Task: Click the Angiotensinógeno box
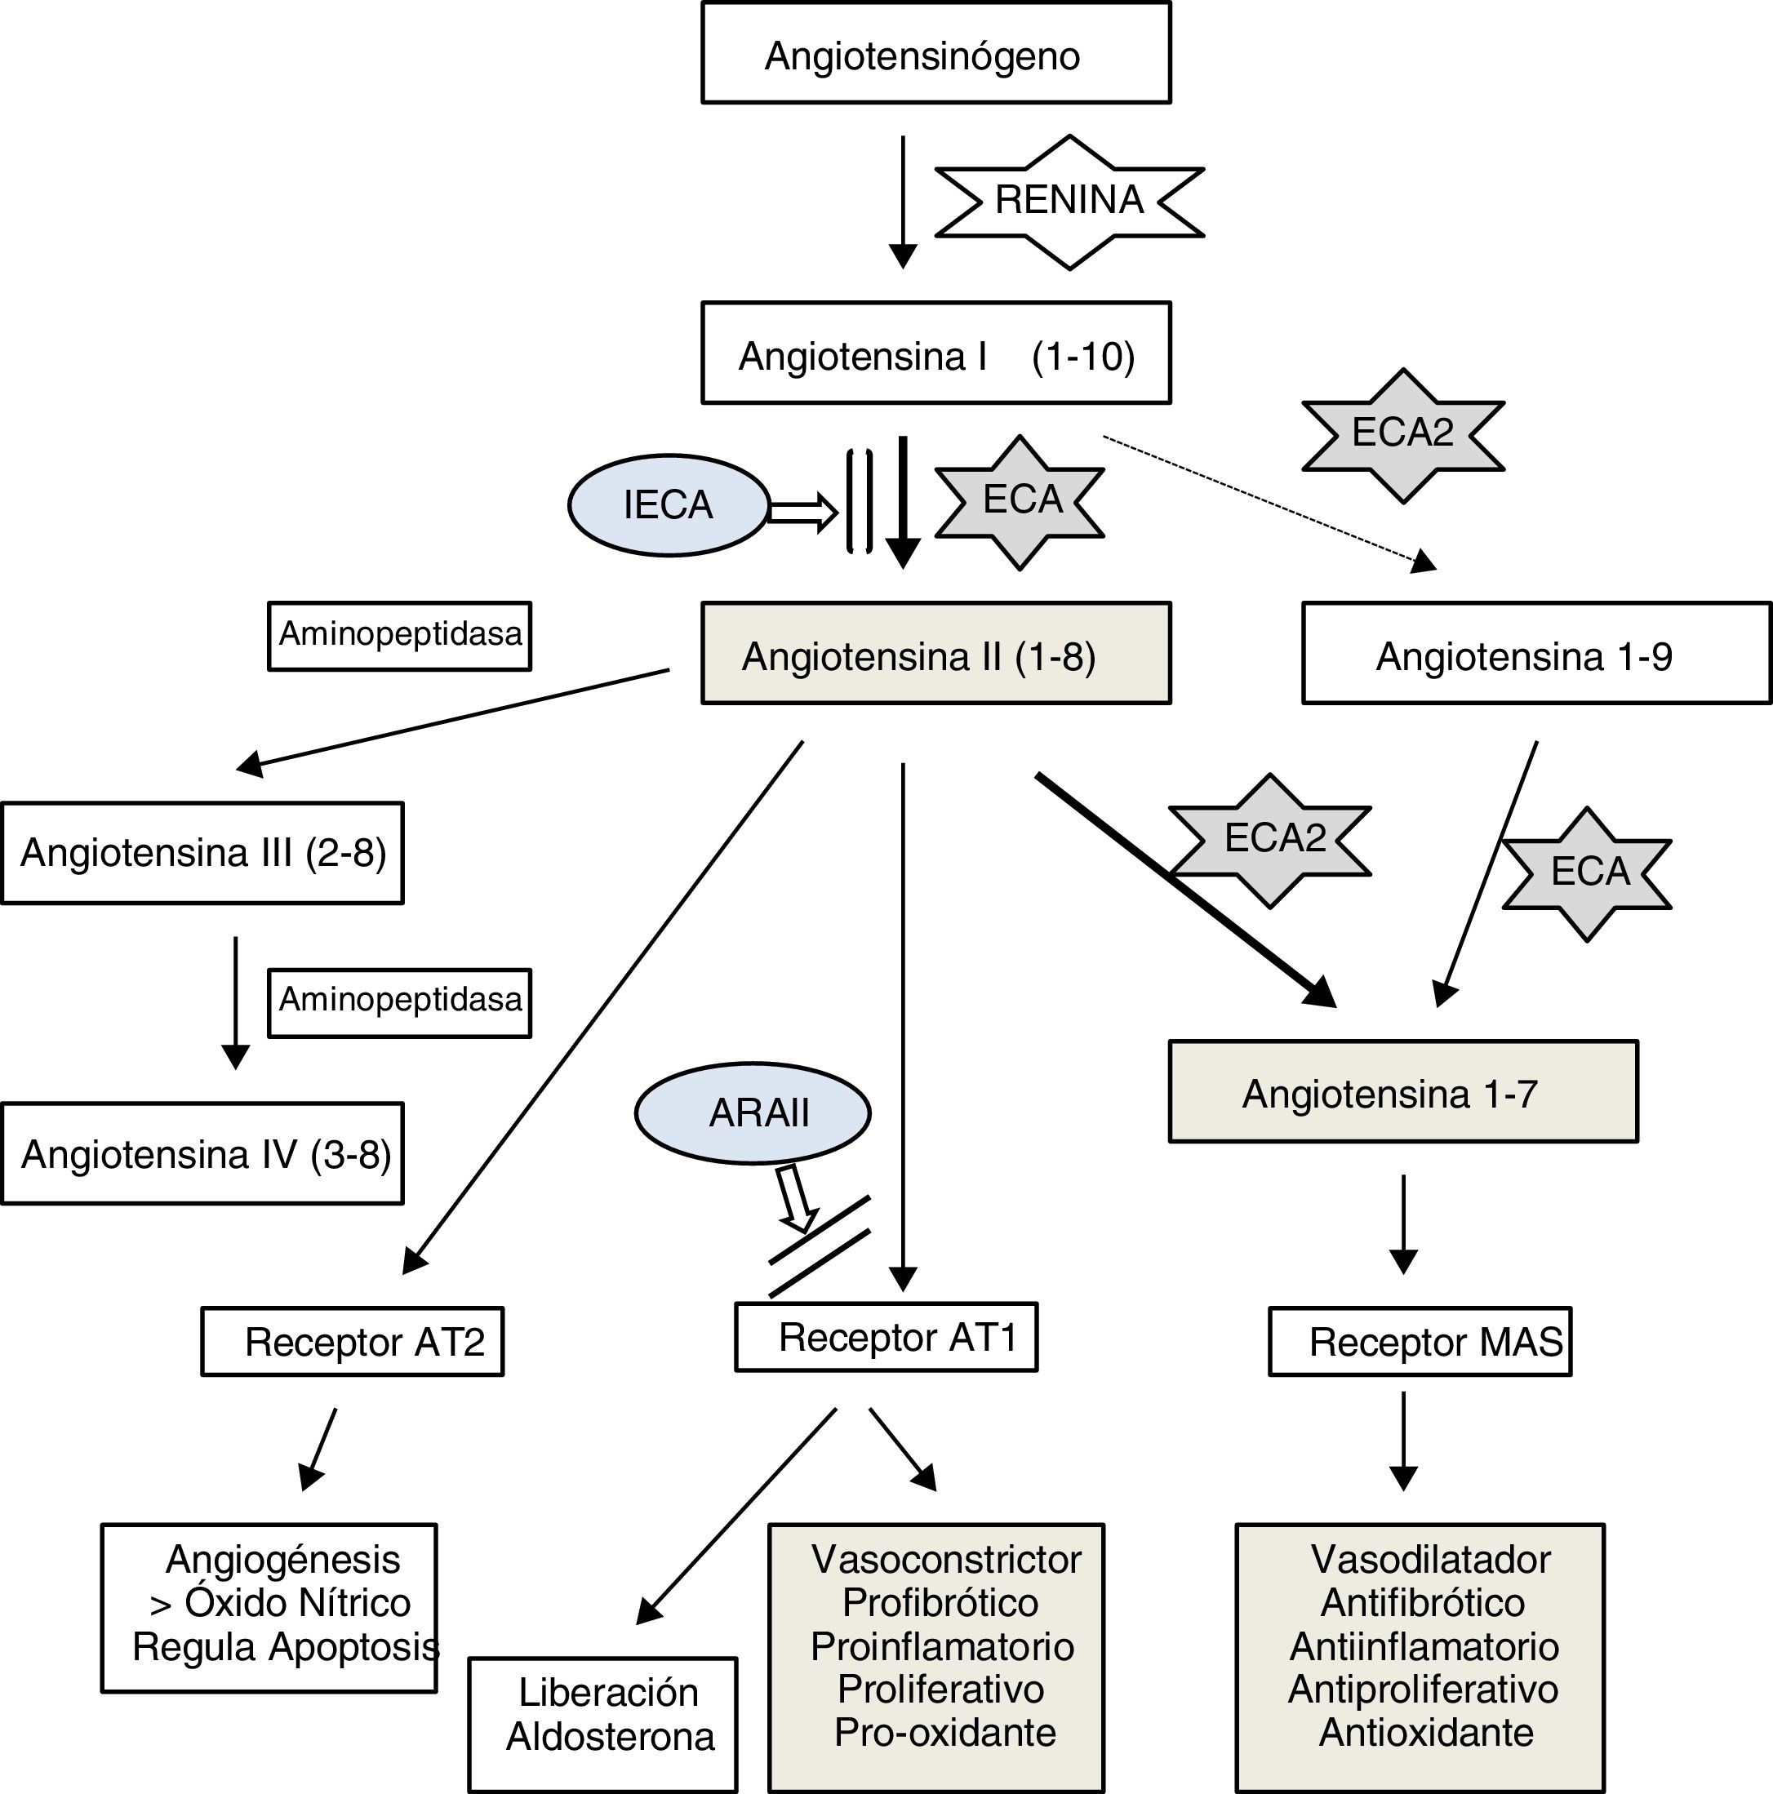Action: pyautogui.click(x=935, y=54)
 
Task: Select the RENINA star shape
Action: pyautogui.click(x=1069, y=202)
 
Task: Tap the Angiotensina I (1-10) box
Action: pyautogui.click(x=935, y=353)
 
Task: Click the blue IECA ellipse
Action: pyautogui.click(x=669, y=505)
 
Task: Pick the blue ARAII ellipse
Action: pyautogui.click(x=753, y=1112)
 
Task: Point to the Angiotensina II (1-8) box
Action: pyautogui.click(x=935, y=654)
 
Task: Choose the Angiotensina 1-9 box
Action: pyautogui.click(x=1535, y=654)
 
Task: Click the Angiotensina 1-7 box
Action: pyautogui.click(x=1402, y=1092)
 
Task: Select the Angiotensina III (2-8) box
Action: pyautogui.click(x=202, y=852)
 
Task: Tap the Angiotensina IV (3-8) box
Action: pyautogui.click(x=202, y=1153)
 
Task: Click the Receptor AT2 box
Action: pyautogui.click(x=352, y=1342)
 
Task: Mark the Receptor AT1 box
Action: pyautogui.click(x=886, y=1337)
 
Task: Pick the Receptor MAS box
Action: pyautogui.click(x=1420, y=1342)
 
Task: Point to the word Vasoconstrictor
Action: pyautogui.click(x=946, y=1560)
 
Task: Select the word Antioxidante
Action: pyautogui.click(x=1425, y=1733)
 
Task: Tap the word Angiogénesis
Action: pyautogui.click(x=282, y=1560)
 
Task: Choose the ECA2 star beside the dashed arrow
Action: pyautogui.click(x=1402, y=434)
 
